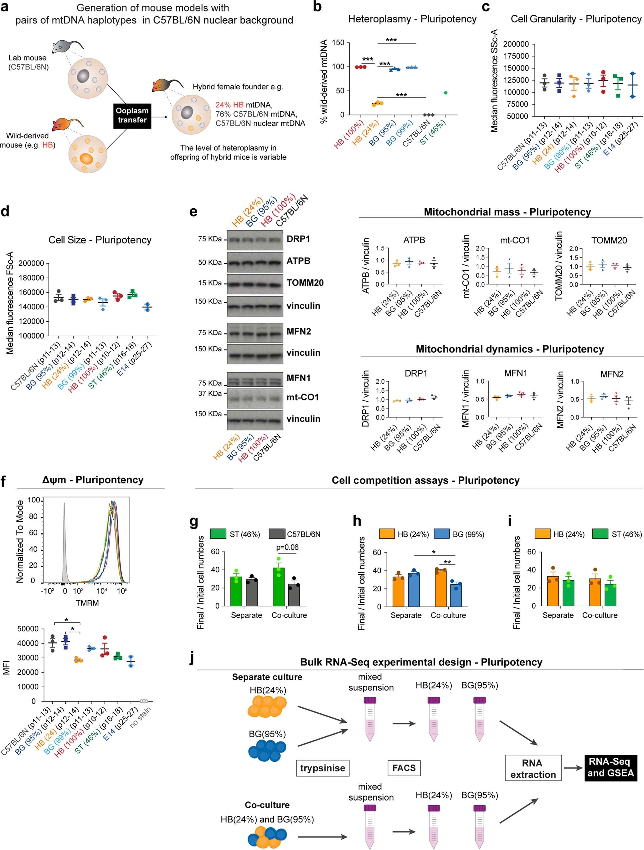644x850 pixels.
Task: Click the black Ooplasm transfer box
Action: [132, 115]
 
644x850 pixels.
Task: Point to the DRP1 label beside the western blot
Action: [298, 239]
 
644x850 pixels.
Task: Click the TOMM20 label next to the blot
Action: [305, 283]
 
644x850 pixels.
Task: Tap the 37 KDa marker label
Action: [210, 394]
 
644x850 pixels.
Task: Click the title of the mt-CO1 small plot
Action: [515, 240]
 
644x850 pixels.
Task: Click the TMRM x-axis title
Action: [87, 603]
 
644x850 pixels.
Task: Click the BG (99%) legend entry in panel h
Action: [460, 534]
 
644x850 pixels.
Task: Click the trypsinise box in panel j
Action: [322, 768]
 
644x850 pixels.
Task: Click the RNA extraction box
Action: [533, 768]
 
